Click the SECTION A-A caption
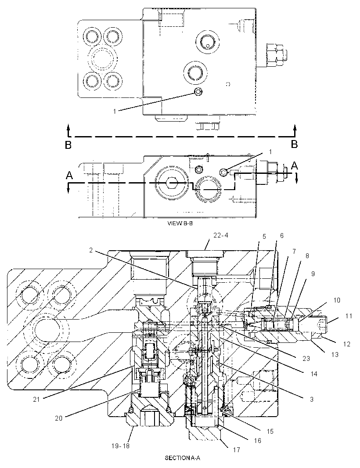click(x=180, y=457)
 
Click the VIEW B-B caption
click(x=180, y=223)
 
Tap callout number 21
click(x=36, y=400)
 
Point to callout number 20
click(x=59, y=418)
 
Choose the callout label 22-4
click(x=220, y=235)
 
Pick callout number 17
click(x=237, y=450)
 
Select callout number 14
click(x=314, y=374)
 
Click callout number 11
click(x=349, y=316)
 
